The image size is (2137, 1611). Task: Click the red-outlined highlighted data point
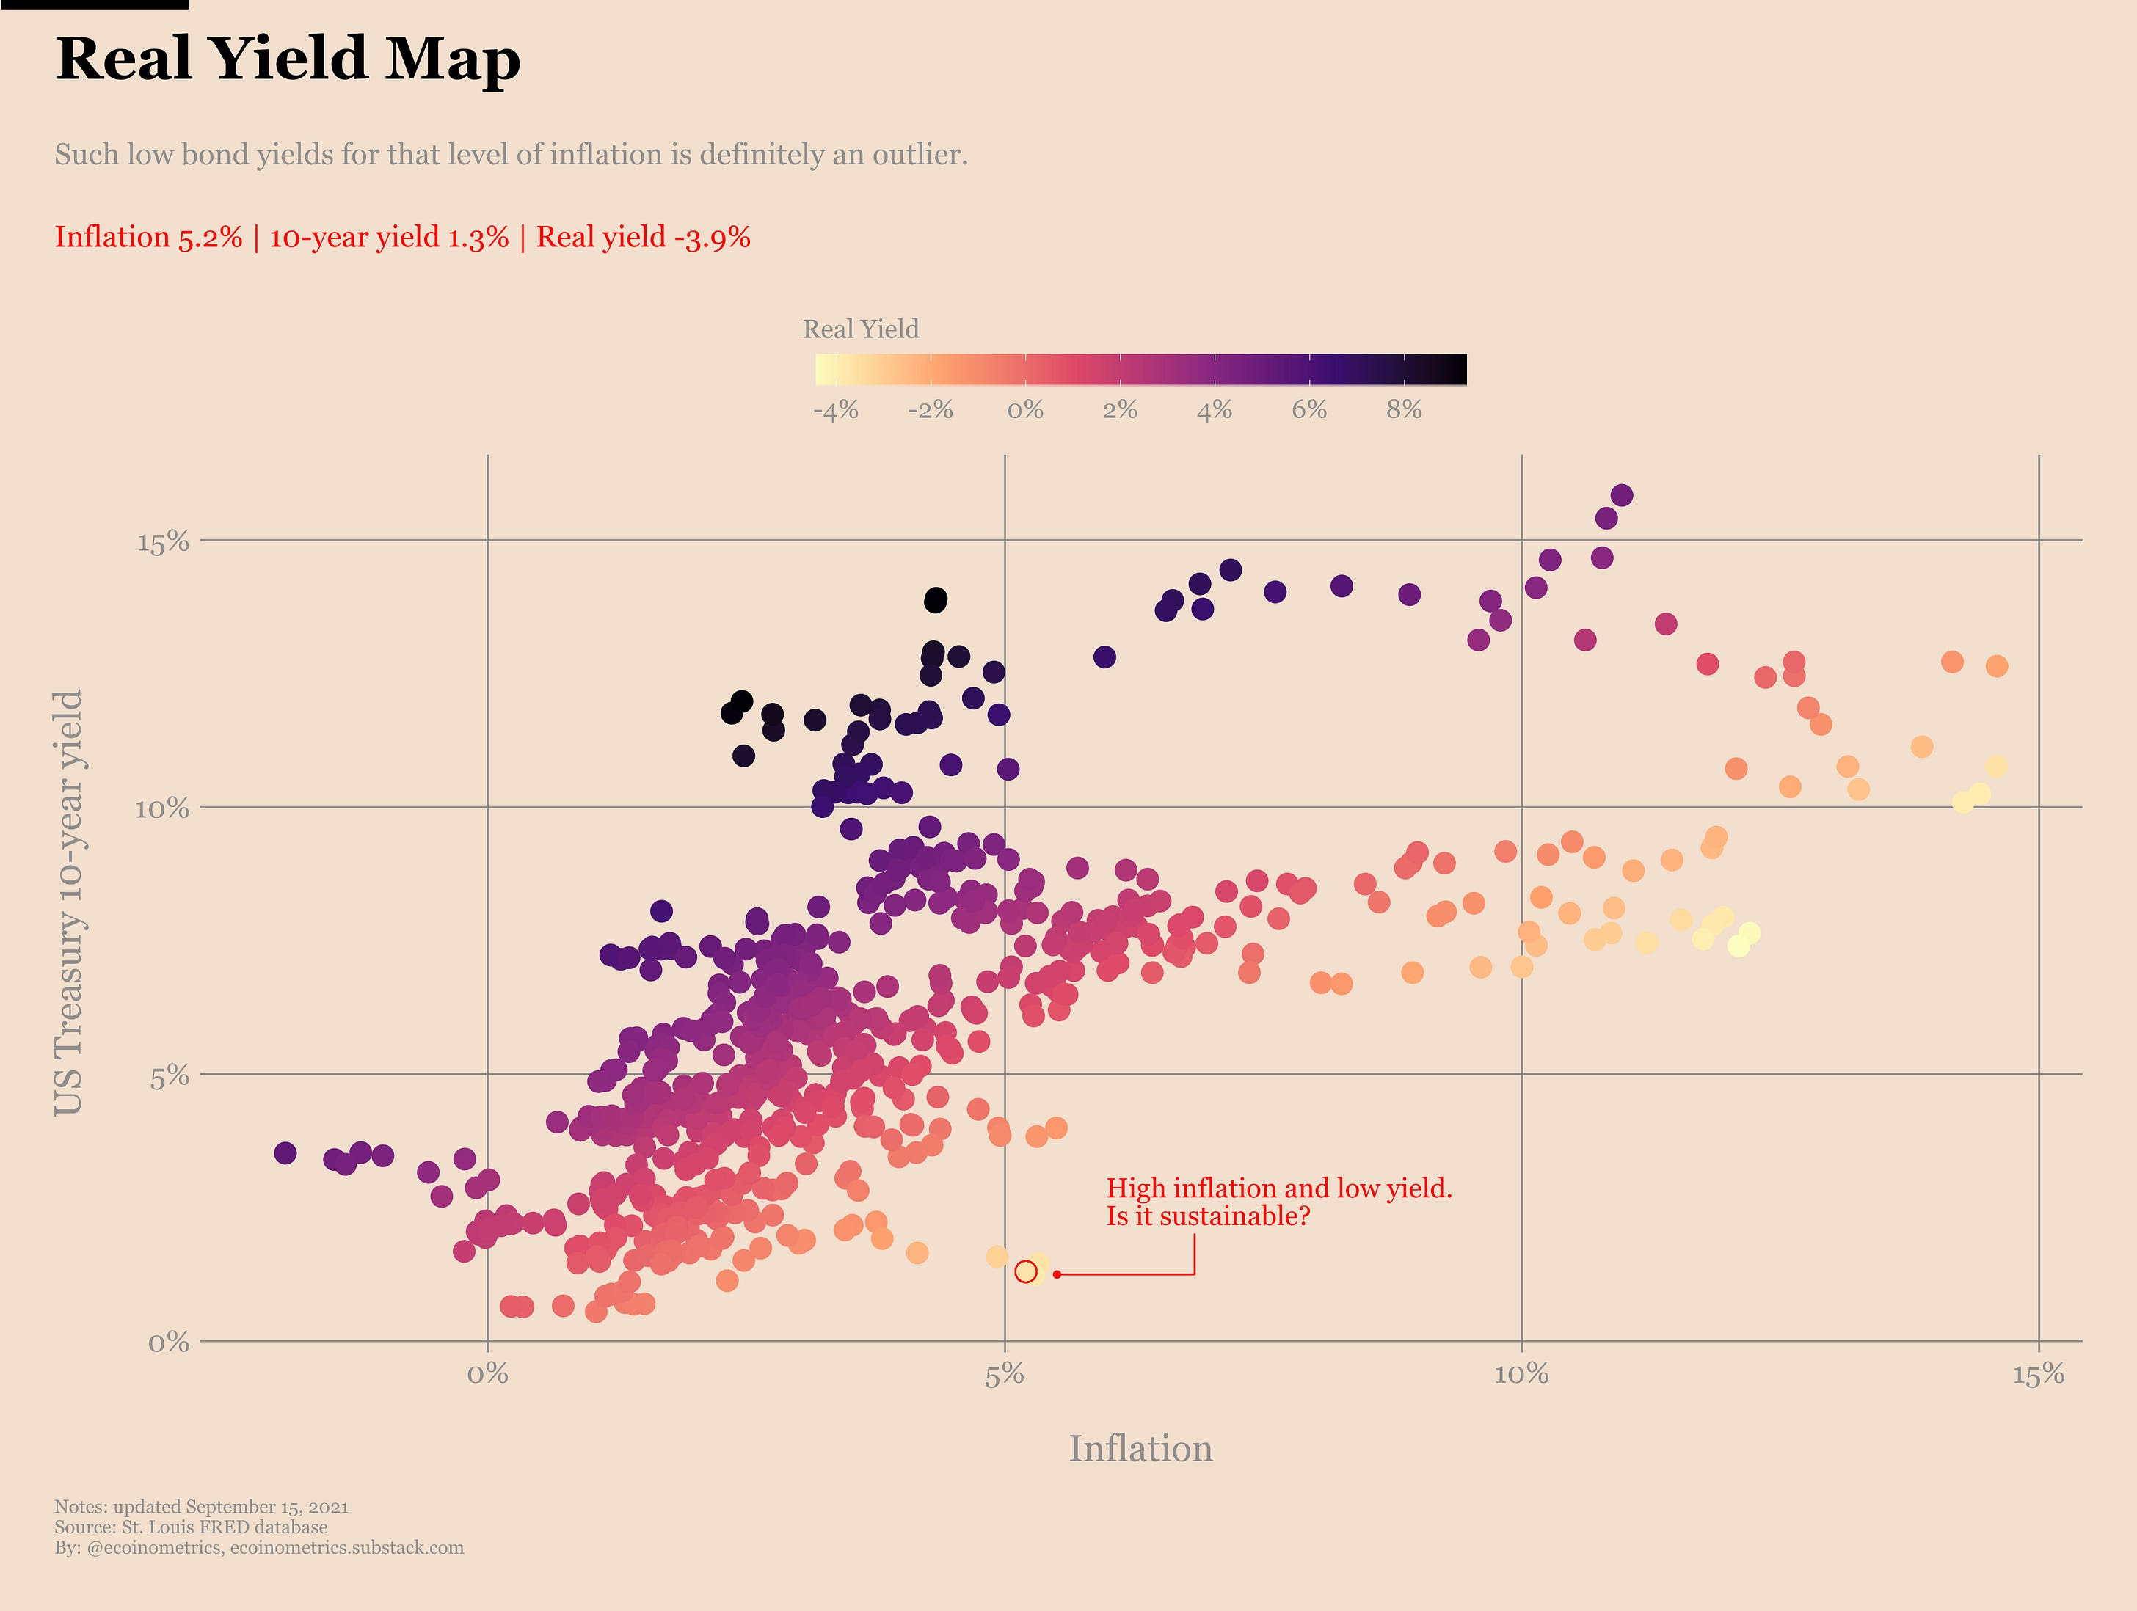pyautogui.click(x=1026, y=1271)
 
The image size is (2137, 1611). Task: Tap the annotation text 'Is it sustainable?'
pyautogui.click(x=1208, y=1216)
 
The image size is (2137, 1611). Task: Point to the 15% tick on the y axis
pyautogui.click(x=163, y=542)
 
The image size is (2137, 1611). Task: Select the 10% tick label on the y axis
pyautogui.click(x=161, y=808)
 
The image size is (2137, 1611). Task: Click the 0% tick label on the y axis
pyautogui.click(x=168, y=1342)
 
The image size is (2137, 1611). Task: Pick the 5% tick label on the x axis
pyautogui.click(x=1005, y=1374)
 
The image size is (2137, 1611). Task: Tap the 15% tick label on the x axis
pyautogui.click(x=2039, y=1374)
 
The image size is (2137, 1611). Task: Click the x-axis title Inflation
pyautogui.click(x=1140, y=1449)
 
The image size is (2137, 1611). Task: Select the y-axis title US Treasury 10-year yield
pyautogui.click(x=68, y=902)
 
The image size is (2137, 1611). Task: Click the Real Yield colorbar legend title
pyautogui.click(x=861, y=329)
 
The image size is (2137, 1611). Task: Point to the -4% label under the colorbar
pyautogui.click(x=836, y=411)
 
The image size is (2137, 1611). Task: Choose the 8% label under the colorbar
pyautogui.click(x=1404, y=411)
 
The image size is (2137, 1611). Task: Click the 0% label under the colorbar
pyautogui.click(x=1025, y=411)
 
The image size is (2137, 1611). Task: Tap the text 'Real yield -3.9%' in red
pyautogui.click(x=644, y=238)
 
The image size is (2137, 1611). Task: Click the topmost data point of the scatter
pyautogui.click(x=1622, y=495)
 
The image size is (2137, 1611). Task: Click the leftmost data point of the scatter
pyautogui.click(x=285, y=1153)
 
